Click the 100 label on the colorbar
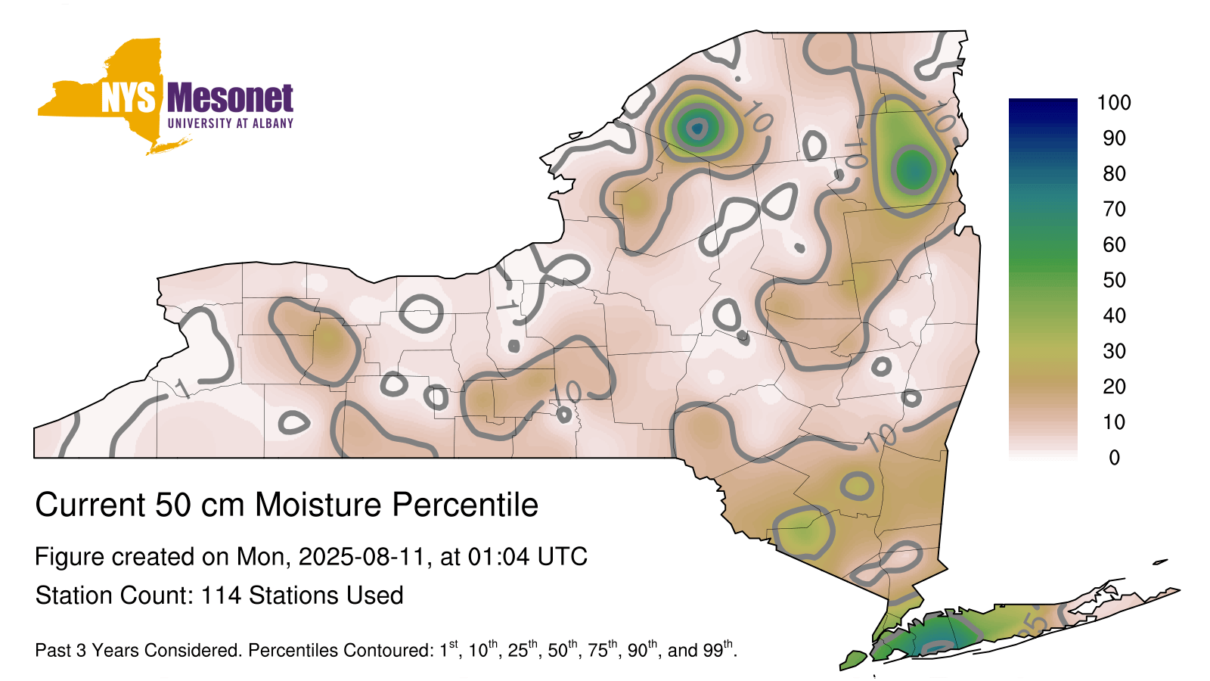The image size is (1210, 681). [1114, 103]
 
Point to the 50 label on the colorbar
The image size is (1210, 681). [1114, 280]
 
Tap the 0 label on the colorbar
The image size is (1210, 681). [1114, 458]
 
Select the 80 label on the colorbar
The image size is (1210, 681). [1114, 173]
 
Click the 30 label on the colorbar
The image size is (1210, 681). [1114, 351]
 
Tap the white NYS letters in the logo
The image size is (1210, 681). [128, 98]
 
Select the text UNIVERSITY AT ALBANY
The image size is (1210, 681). [230, 123]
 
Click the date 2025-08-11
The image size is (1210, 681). [362, 557]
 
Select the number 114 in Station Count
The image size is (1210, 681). [220, 595]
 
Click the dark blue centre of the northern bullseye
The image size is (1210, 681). [697, 129]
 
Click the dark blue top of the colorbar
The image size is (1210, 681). [1043, 105]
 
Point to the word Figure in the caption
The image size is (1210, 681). [69, 557]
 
